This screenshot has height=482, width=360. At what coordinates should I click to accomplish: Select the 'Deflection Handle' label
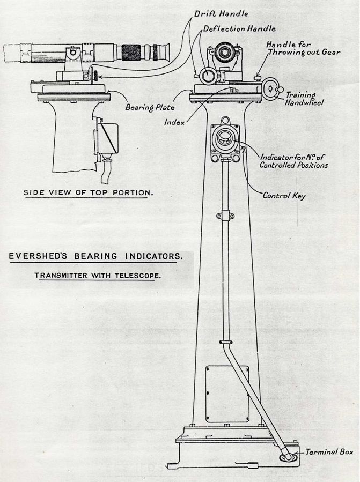[x=240, y=29]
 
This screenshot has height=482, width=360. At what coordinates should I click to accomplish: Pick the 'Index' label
[x=175, y=122]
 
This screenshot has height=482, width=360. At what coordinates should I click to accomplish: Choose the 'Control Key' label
[x=284, y=196]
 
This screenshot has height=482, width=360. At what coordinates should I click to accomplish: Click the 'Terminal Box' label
[x=329, y=452]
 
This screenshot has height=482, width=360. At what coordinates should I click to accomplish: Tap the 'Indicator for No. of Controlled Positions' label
[x=293, y=161]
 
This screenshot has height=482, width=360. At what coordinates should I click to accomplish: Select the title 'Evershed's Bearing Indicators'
[x=95, y=256]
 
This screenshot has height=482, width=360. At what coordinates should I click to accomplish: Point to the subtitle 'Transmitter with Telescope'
[x=98, y=276]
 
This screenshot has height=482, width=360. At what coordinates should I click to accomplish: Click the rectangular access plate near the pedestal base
[x=227, y=393]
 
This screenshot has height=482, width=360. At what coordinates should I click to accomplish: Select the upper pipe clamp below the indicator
[x=226, y=216]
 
